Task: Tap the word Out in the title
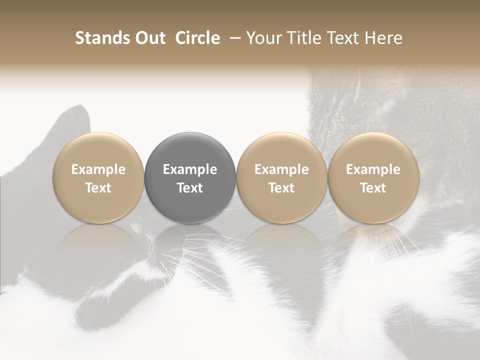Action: pos(149,38)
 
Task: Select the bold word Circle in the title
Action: pos(198,38)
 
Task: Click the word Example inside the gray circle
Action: pos(190,169)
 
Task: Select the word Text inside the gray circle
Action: pos(190,188)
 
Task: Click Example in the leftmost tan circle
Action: pos(98,169)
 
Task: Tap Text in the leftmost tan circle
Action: pos(98,188)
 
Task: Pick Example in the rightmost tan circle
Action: pos(373,169)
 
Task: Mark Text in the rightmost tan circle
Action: pos(373,188)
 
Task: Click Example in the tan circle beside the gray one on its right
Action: pos(281,169)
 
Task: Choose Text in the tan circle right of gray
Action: pos(281,188)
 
